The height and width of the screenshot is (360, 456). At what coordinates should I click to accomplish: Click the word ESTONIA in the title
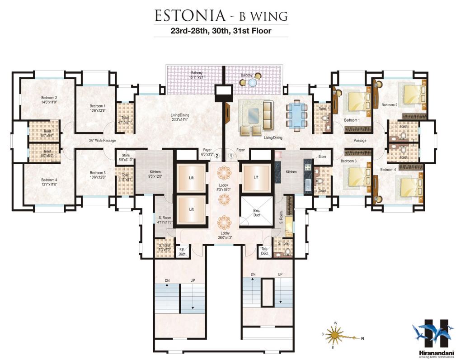point(190,15)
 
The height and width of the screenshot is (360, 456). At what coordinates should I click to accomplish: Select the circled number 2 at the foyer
point(217,156)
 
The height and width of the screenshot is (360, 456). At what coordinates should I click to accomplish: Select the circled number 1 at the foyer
point(231,156)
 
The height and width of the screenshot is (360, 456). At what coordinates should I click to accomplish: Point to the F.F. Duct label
point(183,252)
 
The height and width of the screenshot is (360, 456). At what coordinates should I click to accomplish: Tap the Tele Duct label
point(265,251)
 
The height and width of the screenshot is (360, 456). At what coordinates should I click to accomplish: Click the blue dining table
point(297,116)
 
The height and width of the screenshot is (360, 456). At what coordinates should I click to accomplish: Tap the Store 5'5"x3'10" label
point(125,157)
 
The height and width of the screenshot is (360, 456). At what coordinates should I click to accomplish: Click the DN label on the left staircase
point(167,281)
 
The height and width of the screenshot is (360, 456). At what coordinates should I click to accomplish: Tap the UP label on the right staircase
point(280,275)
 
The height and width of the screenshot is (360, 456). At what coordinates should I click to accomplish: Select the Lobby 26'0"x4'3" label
point(222,235)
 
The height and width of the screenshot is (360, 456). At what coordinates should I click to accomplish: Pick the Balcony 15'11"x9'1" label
point(196,75)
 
